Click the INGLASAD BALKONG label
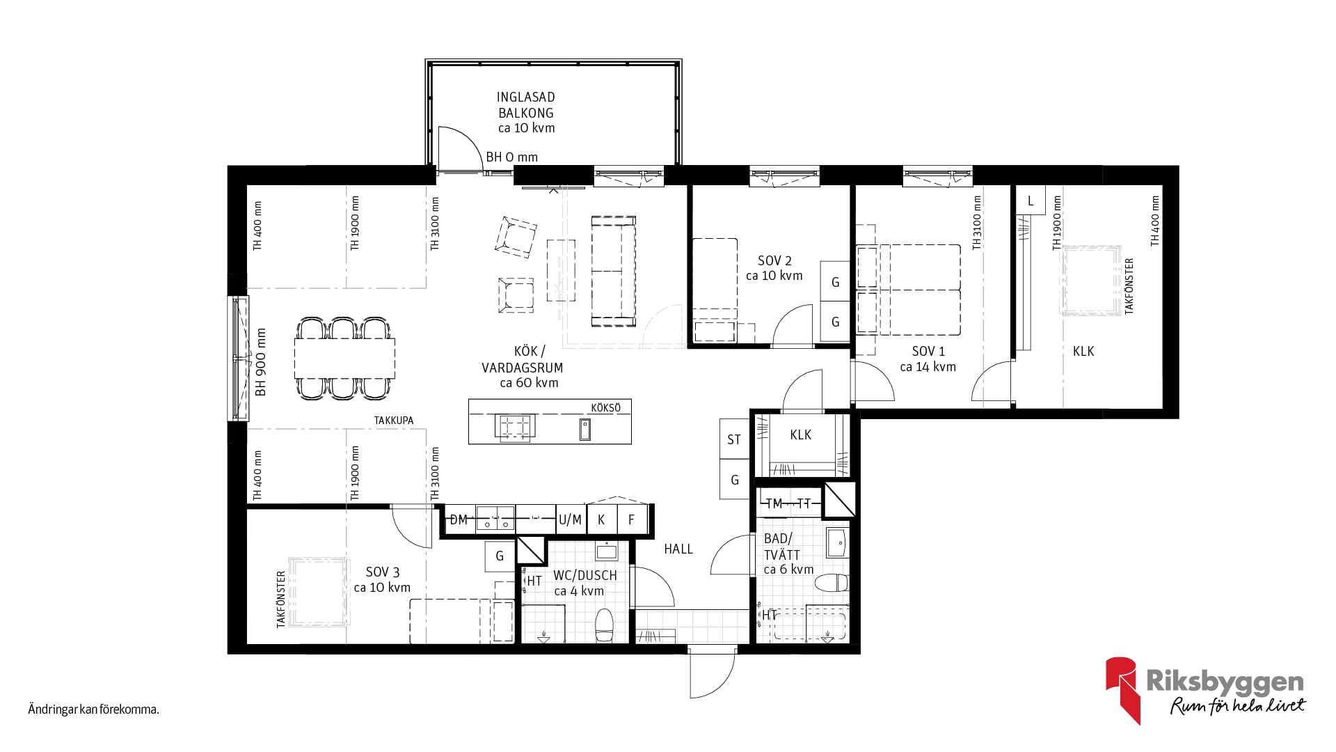526,105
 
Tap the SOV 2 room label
774,261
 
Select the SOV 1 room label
928,352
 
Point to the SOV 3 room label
383,572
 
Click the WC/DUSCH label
585,576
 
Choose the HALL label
678,549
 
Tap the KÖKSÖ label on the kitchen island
605,408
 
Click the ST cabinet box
734,439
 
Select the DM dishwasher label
459,520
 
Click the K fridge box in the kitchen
602,519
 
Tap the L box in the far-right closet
1031,201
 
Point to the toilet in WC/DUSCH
603,625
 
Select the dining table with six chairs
344,359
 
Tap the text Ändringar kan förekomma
94,710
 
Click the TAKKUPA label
394,421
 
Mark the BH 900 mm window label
261,362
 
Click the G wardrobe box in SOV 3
500,556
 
